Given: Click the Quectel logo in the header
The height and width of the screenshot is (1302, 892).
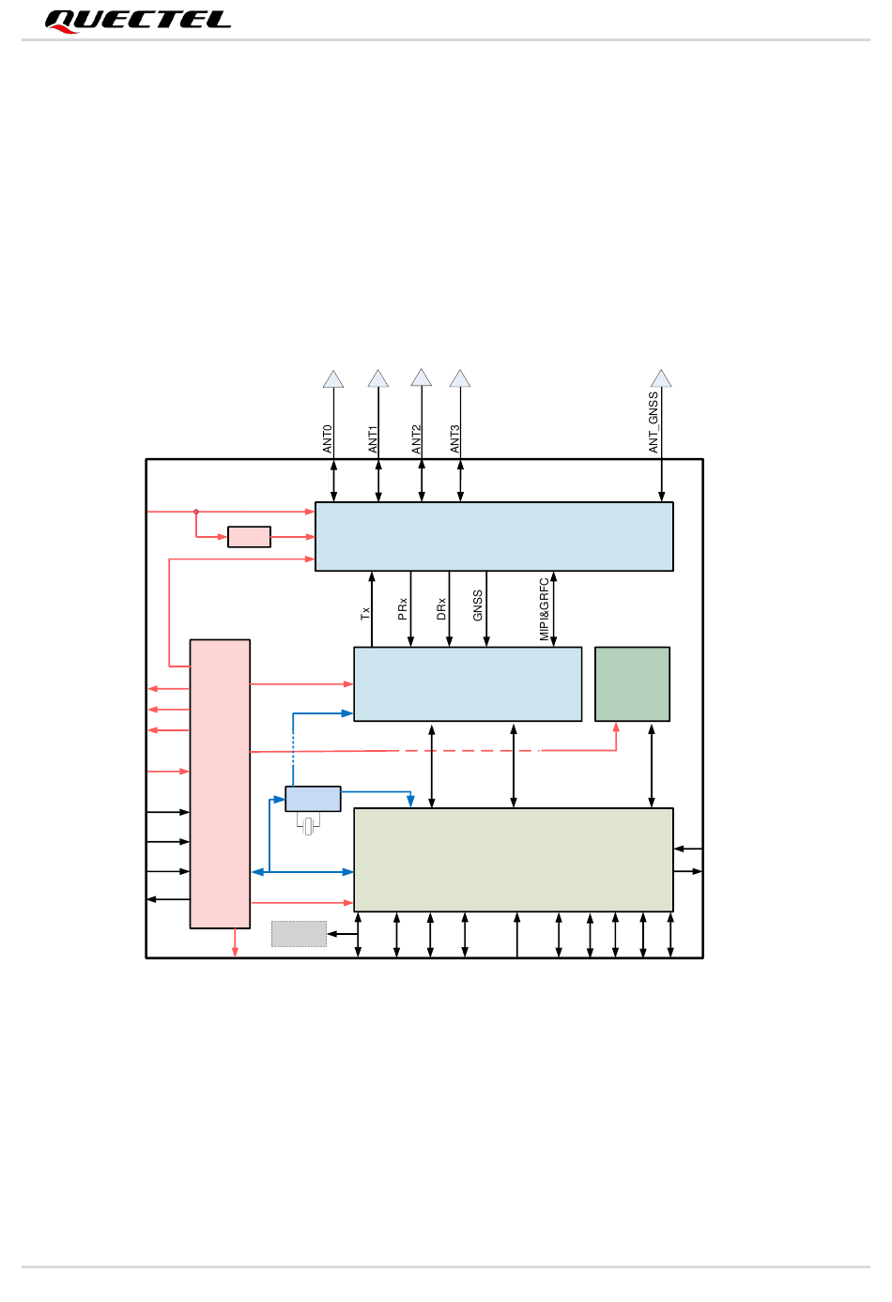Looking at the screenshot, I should (x=137, y=21).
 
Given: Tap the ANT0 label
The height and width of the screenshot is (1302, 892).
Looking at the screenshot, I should (x=328, y=438).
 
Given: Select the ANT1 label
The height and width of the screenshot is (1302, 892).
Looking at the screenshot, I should (x=373, y=438).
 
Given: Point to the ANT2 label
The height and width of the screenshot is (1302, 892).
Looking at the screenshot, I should (x=417, y=438).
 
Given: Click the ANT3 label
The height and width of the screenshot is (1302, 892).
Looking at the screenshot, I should (x=455, y=438).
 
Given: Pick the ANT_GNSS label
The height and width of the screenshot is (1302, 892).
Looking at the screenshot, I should (x=654, y=422).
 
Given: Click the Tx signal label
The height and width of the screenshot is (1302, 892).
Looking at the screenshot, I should (x=365, y=613).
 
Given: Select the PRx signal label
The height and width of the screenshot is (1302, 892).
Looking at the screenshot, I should (x=403, y=608).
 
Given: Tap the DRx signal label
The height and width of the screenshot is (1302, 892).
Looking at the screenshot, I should (x=441, y=608).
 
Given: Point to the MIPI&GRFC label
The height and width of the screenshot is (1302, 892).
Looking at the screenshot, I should (x=545, y=609).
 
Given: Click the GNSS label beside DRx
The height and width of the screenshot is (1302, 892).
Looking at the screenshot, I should (x=478, y=605).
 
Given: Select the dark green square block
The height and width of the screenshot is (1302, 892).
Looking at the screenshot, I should (x=632, y=683).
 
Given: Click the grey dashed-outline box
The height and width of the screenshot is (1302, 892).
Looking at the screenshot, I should (x=299, y=934).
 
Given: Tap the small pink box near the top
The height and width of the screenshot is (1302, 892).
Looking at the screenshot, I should (x=249, y=537).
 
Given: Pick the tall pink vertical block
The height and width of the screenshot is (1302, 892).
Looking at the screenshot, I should (x=220, y=784).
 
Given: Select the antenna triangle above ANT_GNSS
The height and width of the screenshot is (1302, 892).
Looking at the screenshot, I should (x=661, y=378).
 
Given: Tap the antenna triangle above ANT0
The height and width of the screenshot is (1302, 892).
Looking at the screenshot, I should (x=333, y=379).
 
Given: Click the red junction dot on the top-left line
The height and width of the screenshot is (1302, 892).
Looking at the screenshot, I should (x=196, y=512).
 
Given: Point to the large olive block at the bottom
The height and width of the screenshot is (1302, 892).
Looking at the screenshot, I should (x=513, y=859).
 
